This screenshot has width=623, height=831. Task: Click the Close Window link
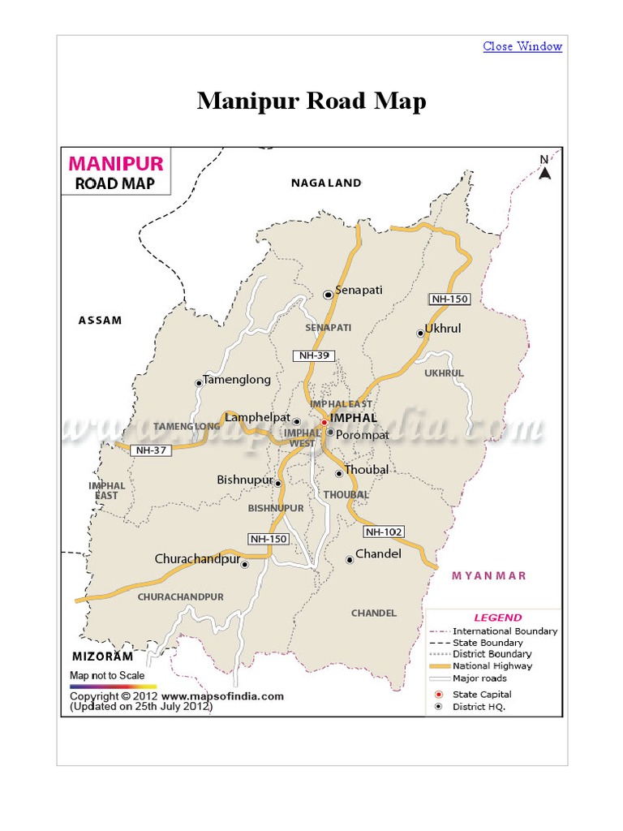pos(522,46)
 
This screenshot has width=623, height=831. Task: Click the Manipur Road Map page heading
pos(311,101)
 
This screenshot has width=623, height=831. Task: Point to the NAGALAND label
pos(326,183)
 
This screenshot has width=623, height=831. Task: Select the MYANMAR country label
pos(489,575)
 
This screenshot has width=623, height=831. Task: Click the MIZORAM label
pos(102,656)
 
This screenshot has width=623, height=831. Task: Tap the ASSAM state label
pos(100,320)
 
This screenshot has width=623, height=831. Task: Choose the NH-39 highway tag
pos(313,355)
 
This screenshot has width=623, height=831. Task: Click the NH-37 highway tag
pos(151,450)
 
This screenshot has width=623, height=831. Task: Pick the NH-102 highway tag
pos(384,532)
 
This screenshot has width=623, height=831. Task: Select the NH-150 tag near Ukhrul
pos(449,299)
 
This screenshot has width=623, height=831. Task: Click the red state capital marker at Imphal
pos(324,422)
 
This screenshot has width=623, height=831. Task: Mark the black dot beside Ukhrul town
pos(420,333)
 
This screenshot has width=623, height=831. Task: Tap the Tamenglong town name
pos(237,379)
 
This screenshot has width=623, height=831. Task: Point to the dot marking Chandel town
pos(350,559)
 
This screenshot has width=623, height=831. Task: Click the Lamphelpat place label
pos(257,417)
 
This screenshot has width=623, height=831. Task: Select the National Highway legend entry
pos(492,665)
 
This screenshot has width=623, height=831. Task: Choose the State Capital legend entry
pos(482,695)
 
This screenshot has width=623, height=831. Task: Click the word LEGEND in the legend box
pos(498,618)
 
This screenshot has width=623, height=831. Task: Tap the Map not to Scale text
pos(107,675)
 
